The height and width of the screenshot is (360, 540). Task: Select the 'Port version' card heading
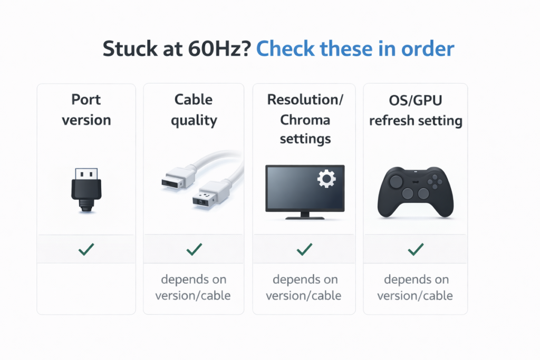86,110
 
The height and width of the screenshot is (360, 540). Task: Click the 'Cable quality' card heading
194,110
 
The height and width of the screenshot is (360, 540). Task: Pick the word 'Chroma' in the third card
305,120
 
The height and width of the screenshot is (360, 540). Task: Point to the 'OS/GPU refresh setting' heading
416,110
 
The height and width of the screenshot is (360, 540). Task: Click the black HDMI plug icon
86,190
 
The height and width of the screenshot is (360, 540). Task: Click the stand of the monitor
305,215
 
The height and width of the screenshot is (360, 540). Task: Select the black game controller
416,192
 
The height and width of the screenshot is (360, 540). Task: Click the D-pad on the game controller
435,182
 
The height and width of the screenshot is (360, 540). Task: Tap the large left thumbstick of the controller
396,181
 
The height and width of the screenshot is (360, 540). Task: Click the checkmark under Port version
86,249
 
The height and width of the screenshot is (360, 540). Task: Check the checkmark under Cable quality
194,249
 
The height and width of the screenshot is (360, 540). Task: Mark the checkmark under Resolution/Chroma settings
304,249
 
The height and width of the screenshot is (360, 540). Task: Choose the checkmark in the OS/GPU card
416,249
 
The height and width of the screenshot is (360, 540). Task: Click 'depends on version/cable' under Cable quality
193,287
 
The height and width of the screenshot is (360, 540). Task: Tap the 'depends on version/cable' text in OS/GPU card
415,287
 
